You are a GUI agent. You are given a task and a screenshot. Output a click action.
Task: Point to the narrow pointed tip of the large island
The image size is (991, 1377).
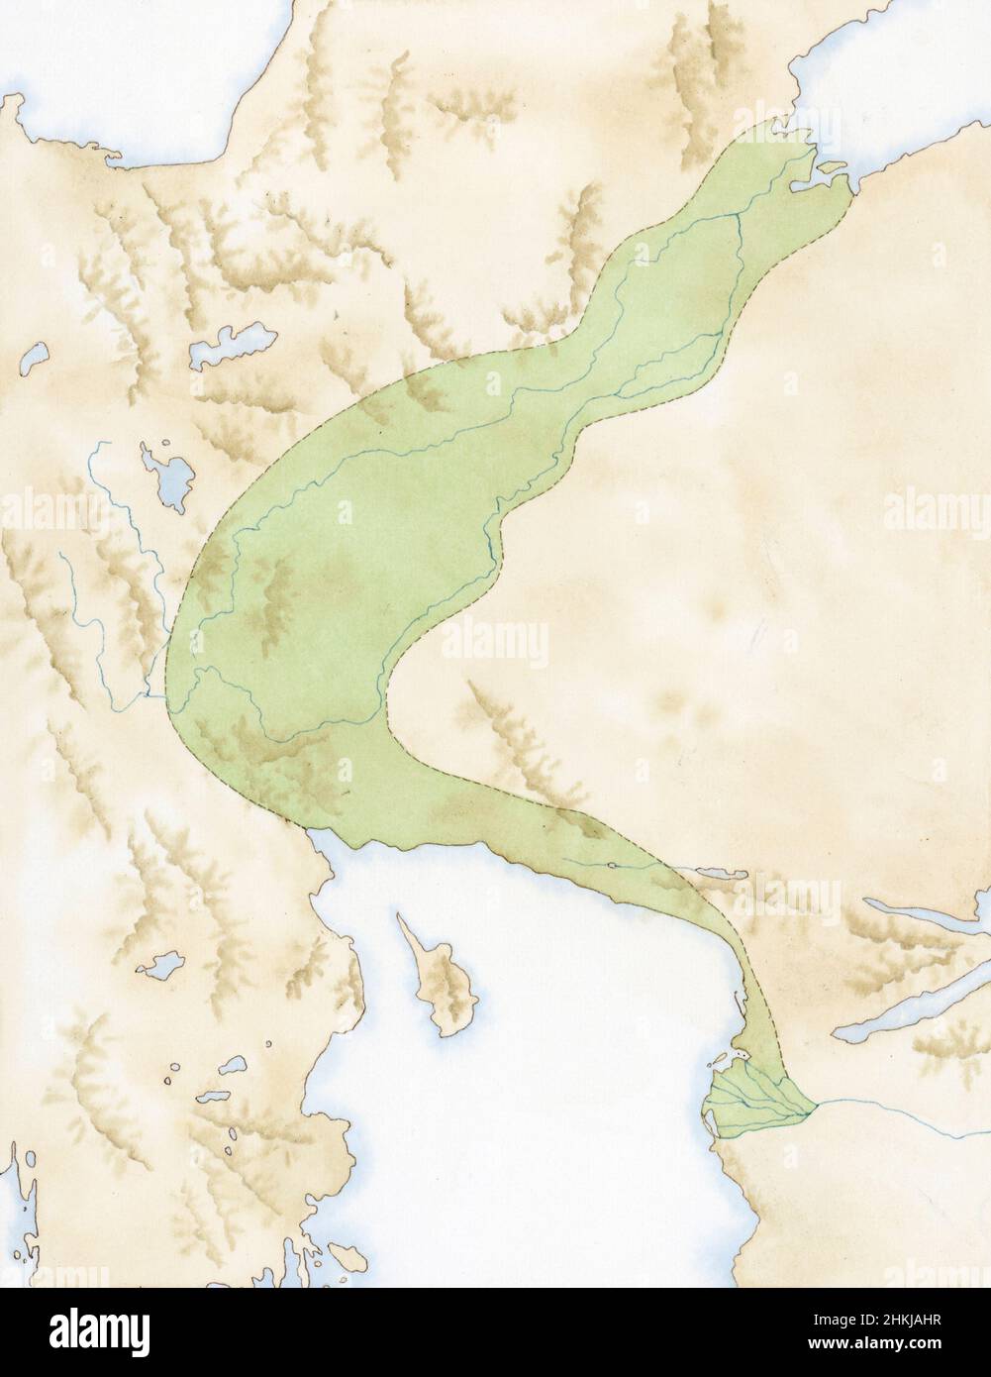tap(402, 920)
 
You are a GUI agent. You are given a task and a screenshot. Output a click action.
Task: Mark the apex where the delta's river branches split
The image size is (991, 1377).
tap(806, 1111)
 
